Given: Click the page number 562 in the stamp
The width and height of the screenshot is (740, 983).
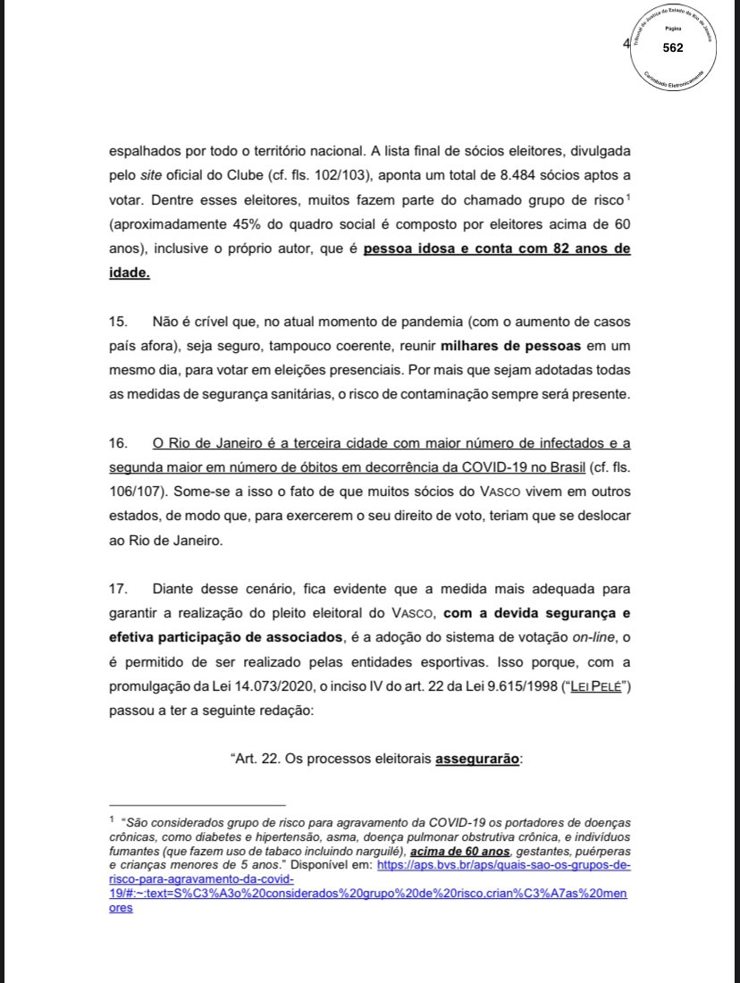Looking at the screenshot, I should [672, 47].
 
